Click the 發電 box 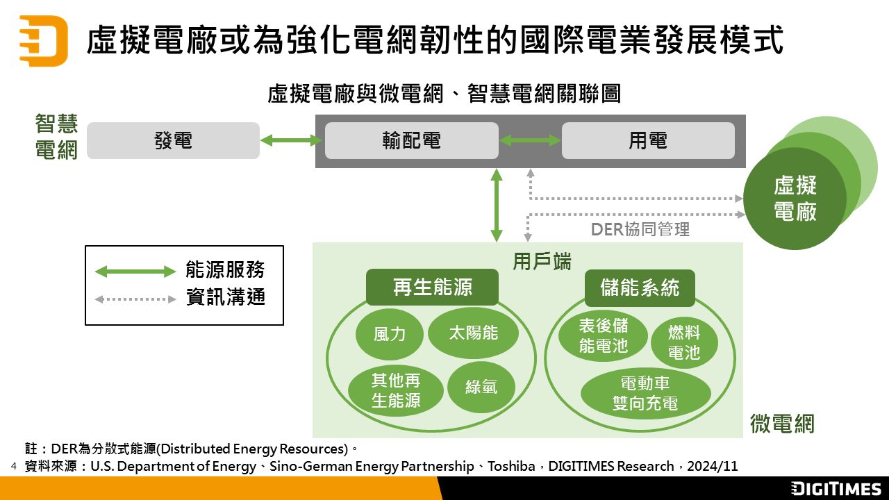(173, 141)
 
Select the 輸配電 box (411, 141)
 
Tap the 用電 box (647, 141)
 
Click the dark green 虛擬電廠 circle (795, 199)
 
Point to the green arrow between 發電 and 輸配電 (292, 141)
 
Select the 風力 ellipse (390, 334)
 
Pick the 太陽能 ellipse (473, 333)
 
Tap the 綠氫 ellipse (481, 387)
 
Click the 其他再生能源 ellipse (396, 390)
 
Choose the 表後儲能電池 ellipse (603, 335)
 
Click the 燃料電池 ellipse (684, 342)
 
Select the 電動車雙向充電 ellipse (645, 393)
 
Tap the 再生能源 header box (432, 287)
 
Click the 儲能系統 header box (639, 287)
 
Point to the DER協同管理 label (640, 229)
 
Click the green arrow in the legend (135, 272)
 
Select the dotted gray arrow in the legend (135, 299)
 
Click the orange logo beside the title (43, 41)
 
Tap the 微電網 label (781, 423)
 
